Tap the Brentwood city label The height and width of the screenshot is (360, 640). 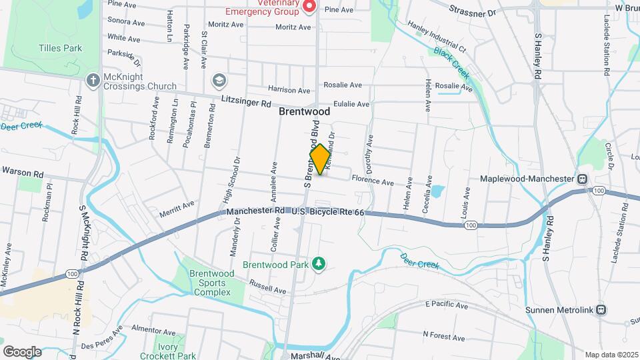tap(304, 112)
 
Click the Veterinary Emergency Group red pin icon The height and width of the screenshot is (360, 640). tap(309, 7)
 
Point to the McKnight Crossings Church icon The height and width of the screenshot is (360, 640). tap(93, 81)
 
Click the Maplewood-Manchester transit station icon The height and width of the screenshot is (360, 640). tap(582, 179)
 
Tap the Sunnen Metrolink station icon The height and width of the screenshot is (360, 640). tap(601, 309)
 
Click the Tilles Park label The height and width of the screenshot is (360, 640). tap(60, 48)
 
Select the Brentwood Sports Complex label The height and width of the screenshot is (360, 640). tap(202, 283)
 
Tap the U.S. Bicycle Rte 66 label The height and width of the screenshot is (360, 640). tap(328, 212)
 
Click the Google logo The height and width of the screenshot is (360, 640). tap(22, 351)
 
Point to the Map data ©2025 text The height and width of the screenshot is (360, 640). tap(611, 355)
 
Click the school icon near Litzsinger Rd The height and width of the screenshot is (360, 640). tap(218, 81)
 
